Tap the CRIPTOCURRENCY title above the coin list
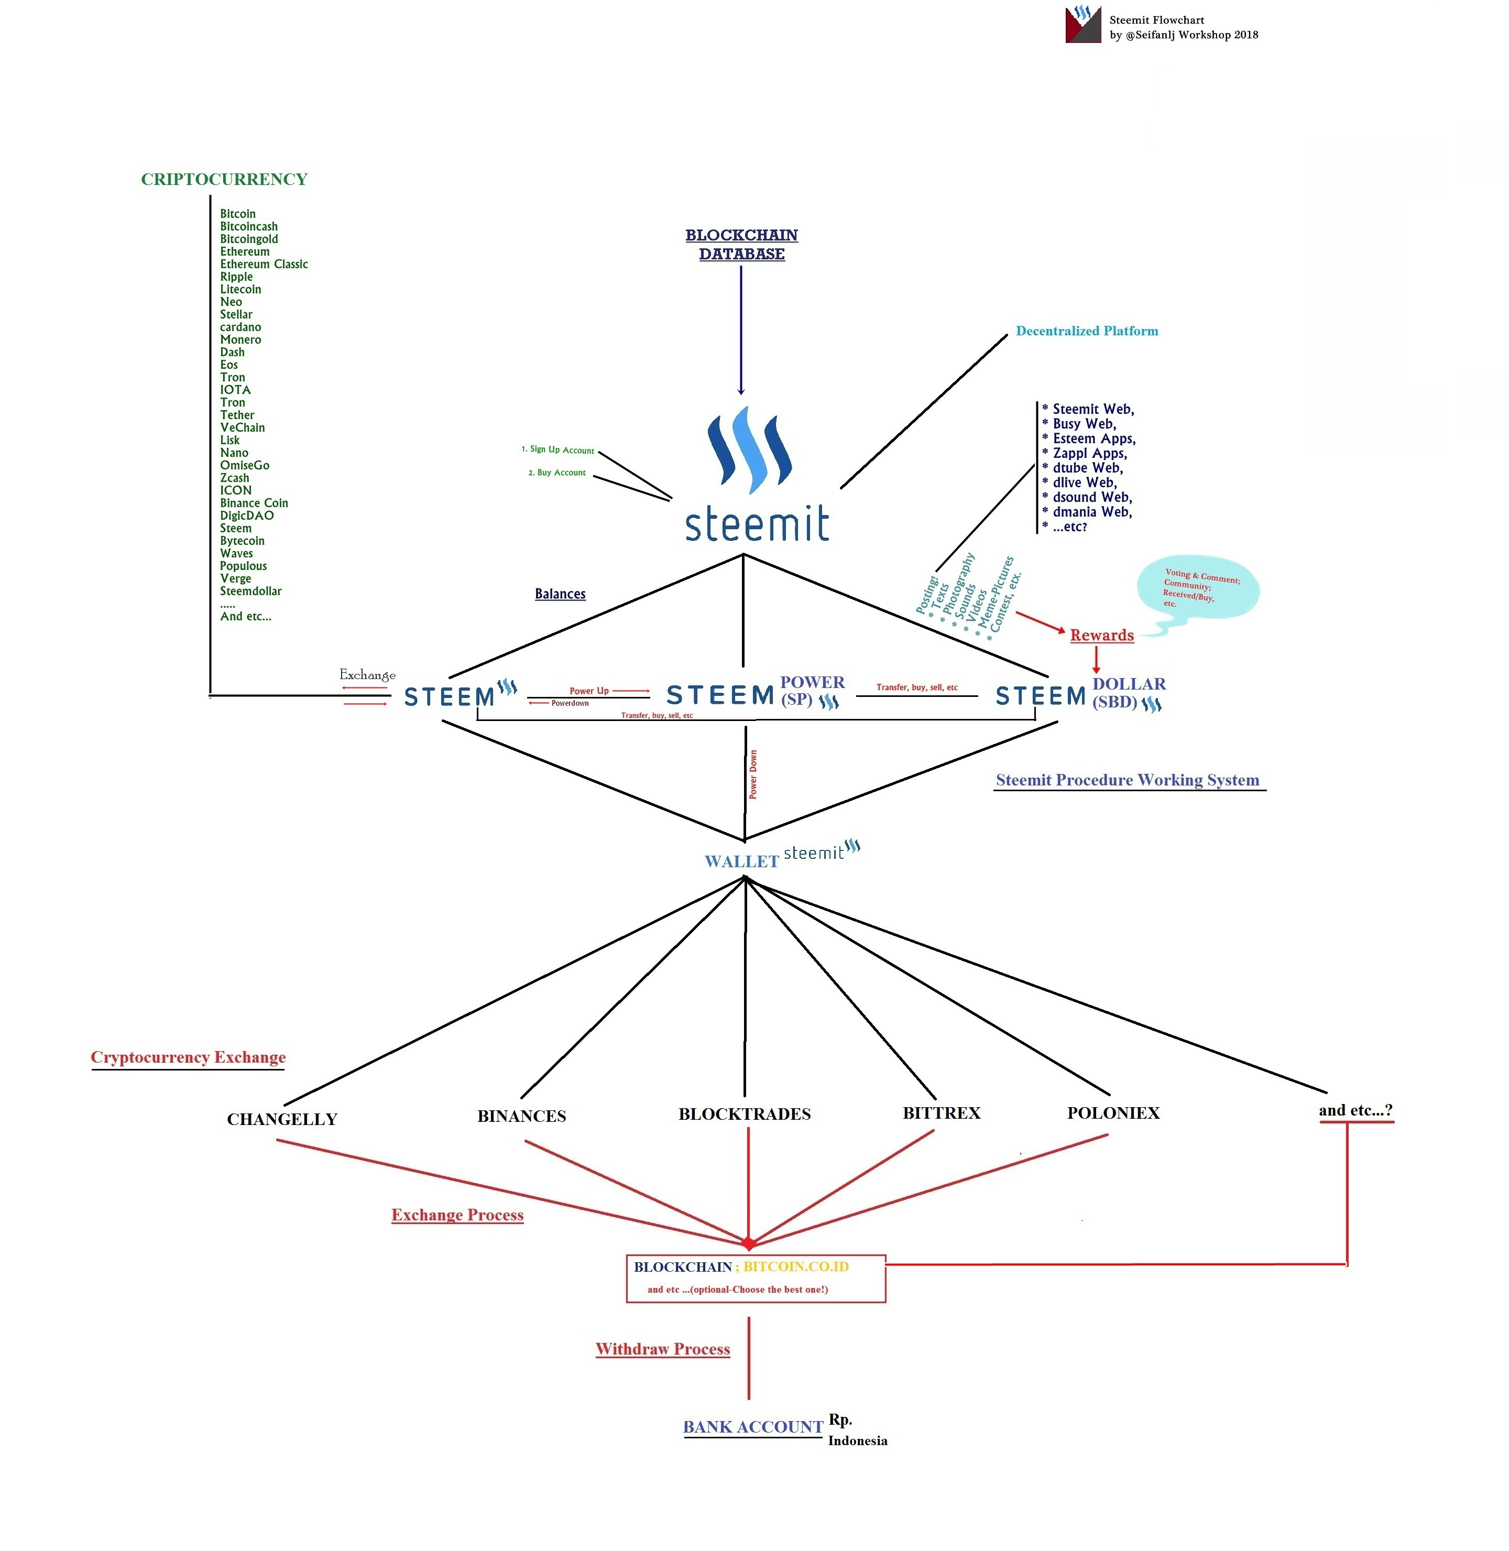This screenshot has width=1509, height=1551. pos(224,180)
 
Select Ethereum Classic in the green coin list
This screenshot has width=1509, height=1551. pos(264,264)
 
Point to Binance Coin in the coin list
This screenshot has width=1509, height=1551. pos(254,503)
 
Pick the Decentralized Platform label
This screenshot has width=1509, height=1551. pos(1087,331)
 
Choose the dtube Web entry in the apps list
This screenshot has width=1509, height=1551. pos(1087,467)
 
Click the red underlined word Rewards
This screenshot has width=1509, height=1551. pos(1102,635)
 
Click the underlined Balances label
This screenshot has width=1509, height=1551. pos(560,594)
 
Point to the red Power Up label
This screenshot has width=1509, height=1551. pos(589,690)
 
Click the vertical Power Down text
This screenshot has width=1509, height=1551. pos(753,774)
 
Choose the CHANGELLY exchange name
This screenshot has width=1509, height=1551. pos(282,1119)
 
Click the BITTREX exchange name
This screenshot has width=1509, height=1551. pos(942,1113)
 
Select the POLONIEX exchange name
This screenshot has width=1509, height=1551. pos(1113,1113)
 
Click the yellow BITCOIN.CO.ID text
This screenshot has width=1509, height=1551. pos(796,1266)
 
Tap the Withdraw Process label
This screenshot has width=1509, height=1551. pos(663,1349)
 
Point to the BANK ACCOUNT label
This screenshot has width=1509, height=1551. pos(753,1427)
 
